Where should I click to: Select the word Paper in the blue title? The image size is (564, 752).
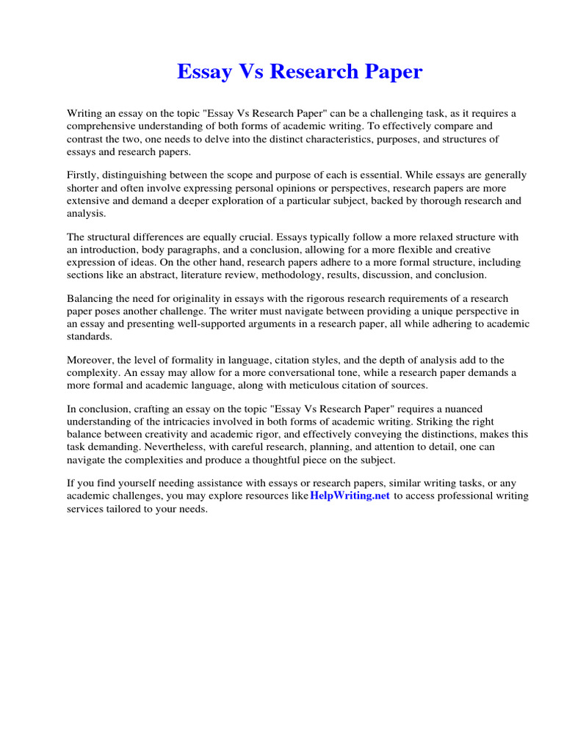(394, 72)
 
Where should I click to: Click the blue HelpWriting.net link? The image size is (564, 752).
(350, 496)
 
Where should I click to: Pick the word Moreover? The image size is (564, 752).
(90, 360)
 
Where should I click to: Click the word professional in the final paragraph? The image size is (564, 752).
(470, 496)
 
